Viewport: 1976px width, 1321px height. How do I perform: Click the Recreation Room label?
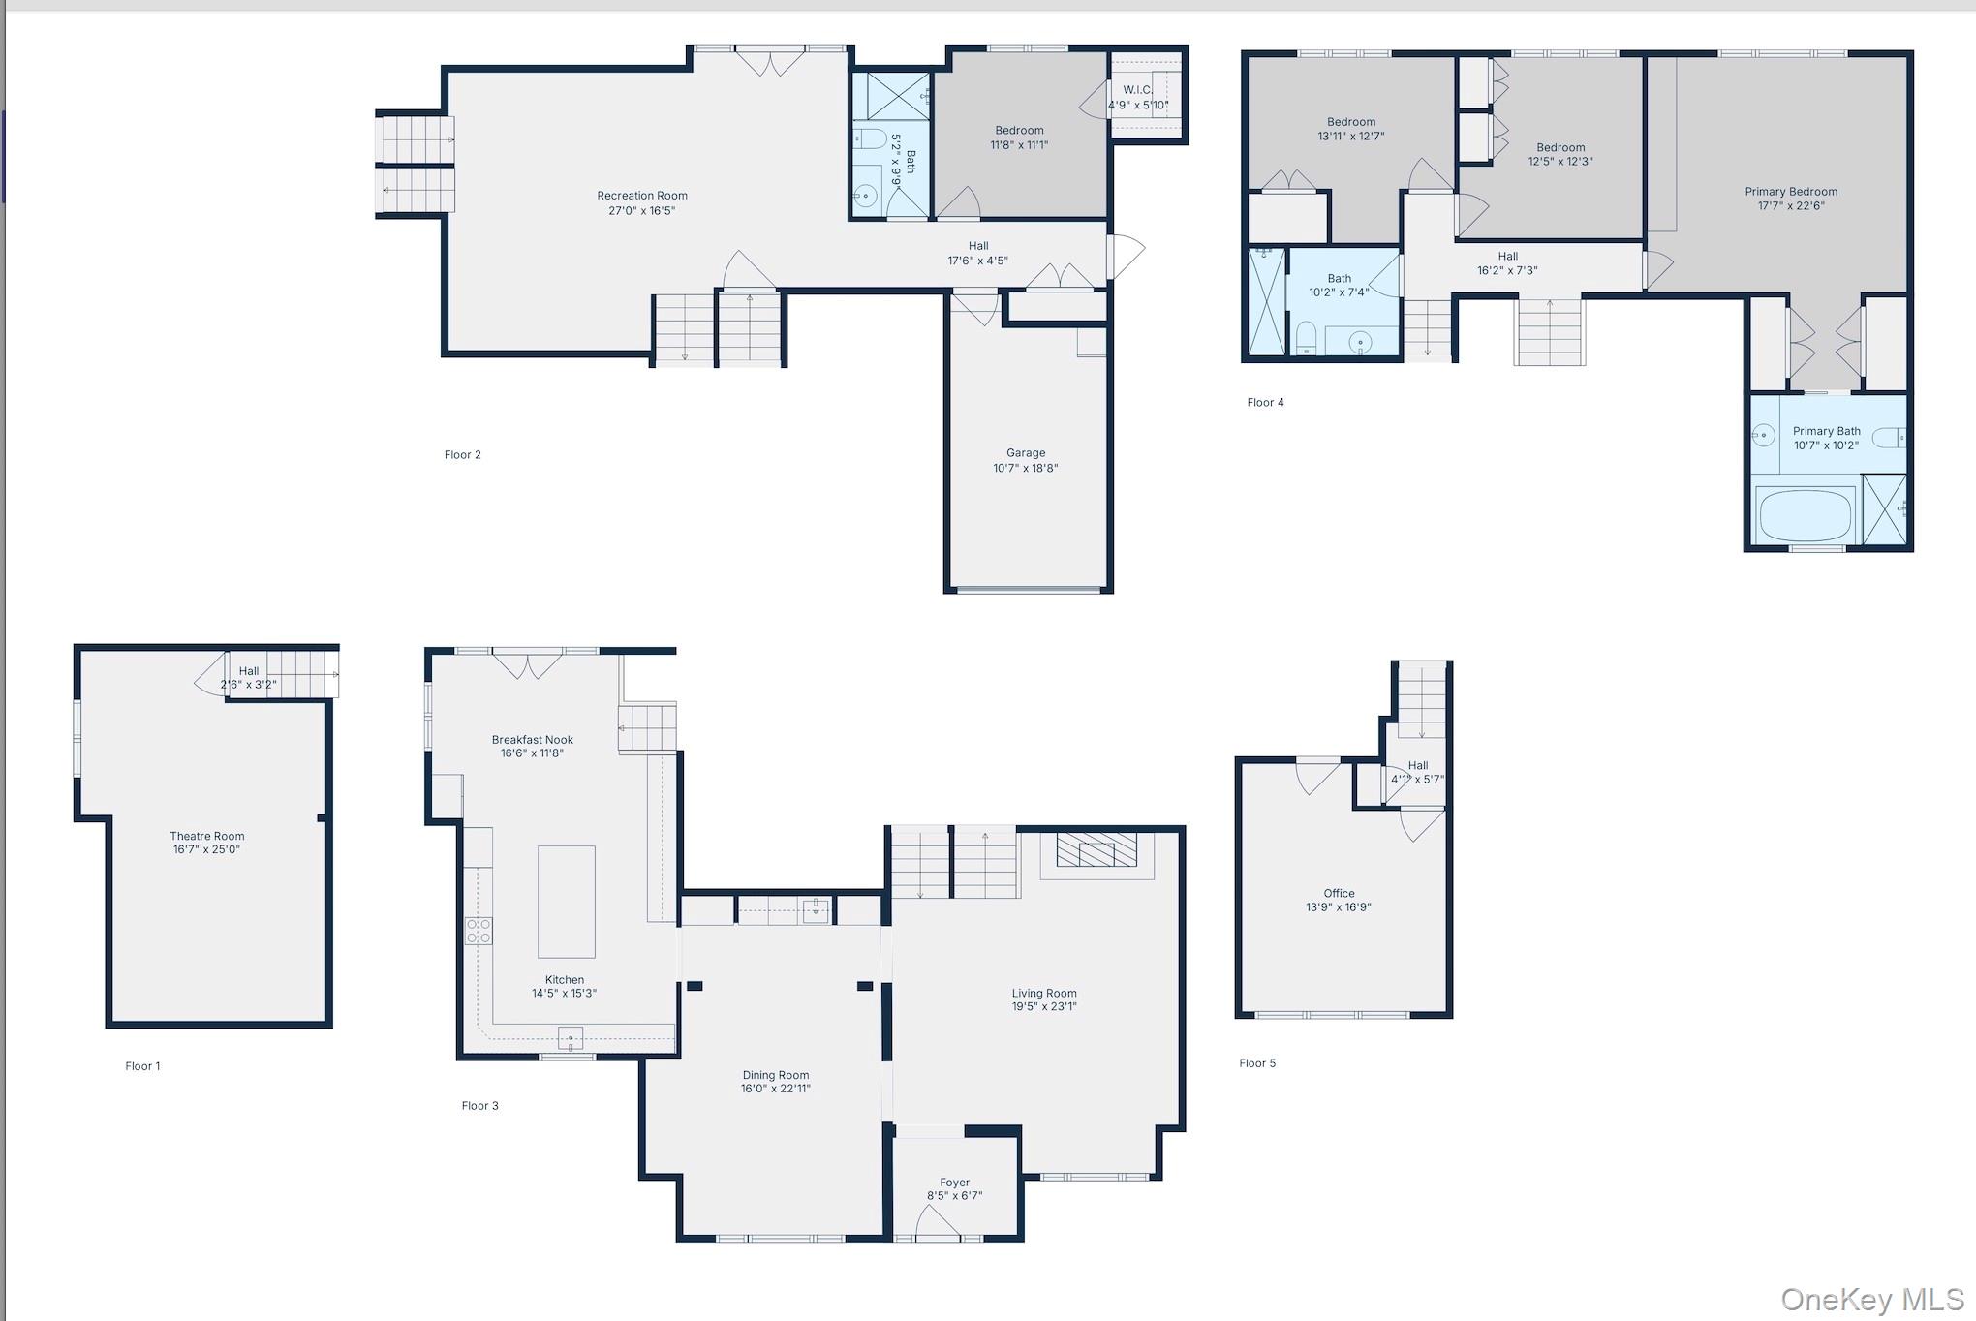tap(642, 196)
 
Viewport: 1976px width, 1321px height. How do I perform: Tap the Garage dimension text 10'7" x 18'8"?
tap(1026, 469)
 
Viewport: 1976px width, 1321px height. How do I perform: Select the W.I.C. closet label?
tap(1138, 90)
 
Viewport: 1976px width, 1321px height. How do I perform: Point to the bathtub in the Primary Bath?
tap(1805, 515)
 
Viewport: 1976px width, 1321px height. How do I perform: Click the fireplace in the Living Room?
tap(1097, 849)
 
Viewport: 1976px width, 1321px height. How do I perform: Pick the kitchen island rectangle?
tap(567, 902)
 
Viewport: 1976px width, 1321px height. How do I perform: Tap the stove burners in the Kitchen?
tap(479, 931)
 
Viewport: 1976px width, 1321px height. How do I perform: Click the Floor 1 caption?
tap(142, 1066)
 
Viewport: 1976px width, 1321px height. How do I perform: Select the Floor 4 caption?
tap(1265, 403)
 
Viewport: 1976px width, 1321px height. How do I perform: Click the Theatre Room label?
tap(207, 836)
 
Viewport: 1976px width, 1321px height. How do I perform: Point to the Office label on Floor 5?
tap(1340, 894)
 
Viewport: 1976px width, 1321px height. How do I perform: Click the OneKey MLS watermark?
tap(1871, 1299)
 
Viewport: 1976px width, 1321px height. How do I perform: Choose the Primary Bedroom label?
tap(1791, 192)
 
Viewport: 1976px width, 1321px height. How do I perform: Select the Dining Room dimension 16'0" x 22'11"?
tap(776, 1089)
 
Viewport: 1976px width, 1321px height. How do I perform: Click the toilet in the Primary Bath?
tap(1889, 439)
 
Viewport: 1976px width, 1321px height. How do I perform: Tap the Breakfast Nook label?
tap(533, 740)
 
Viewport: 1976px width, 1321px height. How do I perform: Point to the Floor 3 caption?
tap(479, 1106)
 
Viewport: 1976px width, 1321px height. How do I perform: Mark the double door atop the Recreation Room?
tap(770, 63)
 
